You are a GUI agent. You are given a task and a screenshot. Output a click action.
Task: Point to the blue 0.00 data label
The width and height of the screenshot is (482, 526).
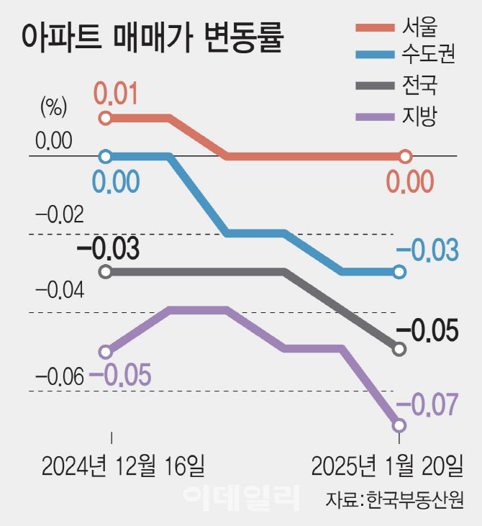116,181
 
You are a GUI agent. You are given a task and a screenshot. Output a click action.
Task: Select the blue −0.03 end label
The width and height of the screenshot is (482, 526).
427,250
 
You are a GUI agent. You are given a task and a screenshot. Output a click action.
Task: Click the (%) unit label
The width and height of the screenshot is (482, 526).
53,109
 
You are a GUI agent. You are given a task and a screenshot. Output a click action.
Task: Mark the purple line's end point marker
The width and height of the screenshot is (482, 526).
399,426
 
